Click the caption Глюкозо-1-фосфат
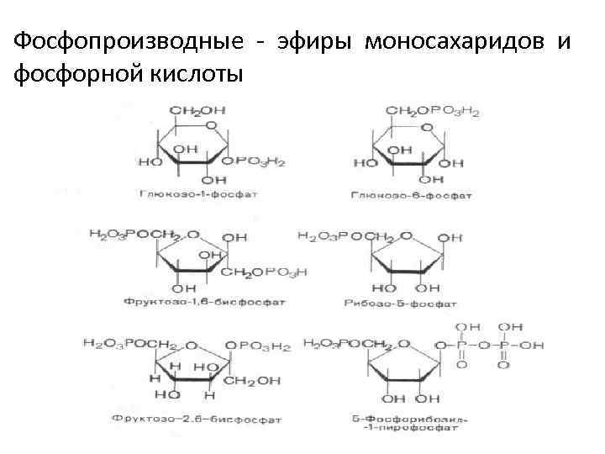click(198, 194)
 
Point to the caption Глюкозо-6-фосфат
click(412, 195)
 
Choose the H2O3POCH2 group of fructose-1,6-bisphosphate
click(134, 235)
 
